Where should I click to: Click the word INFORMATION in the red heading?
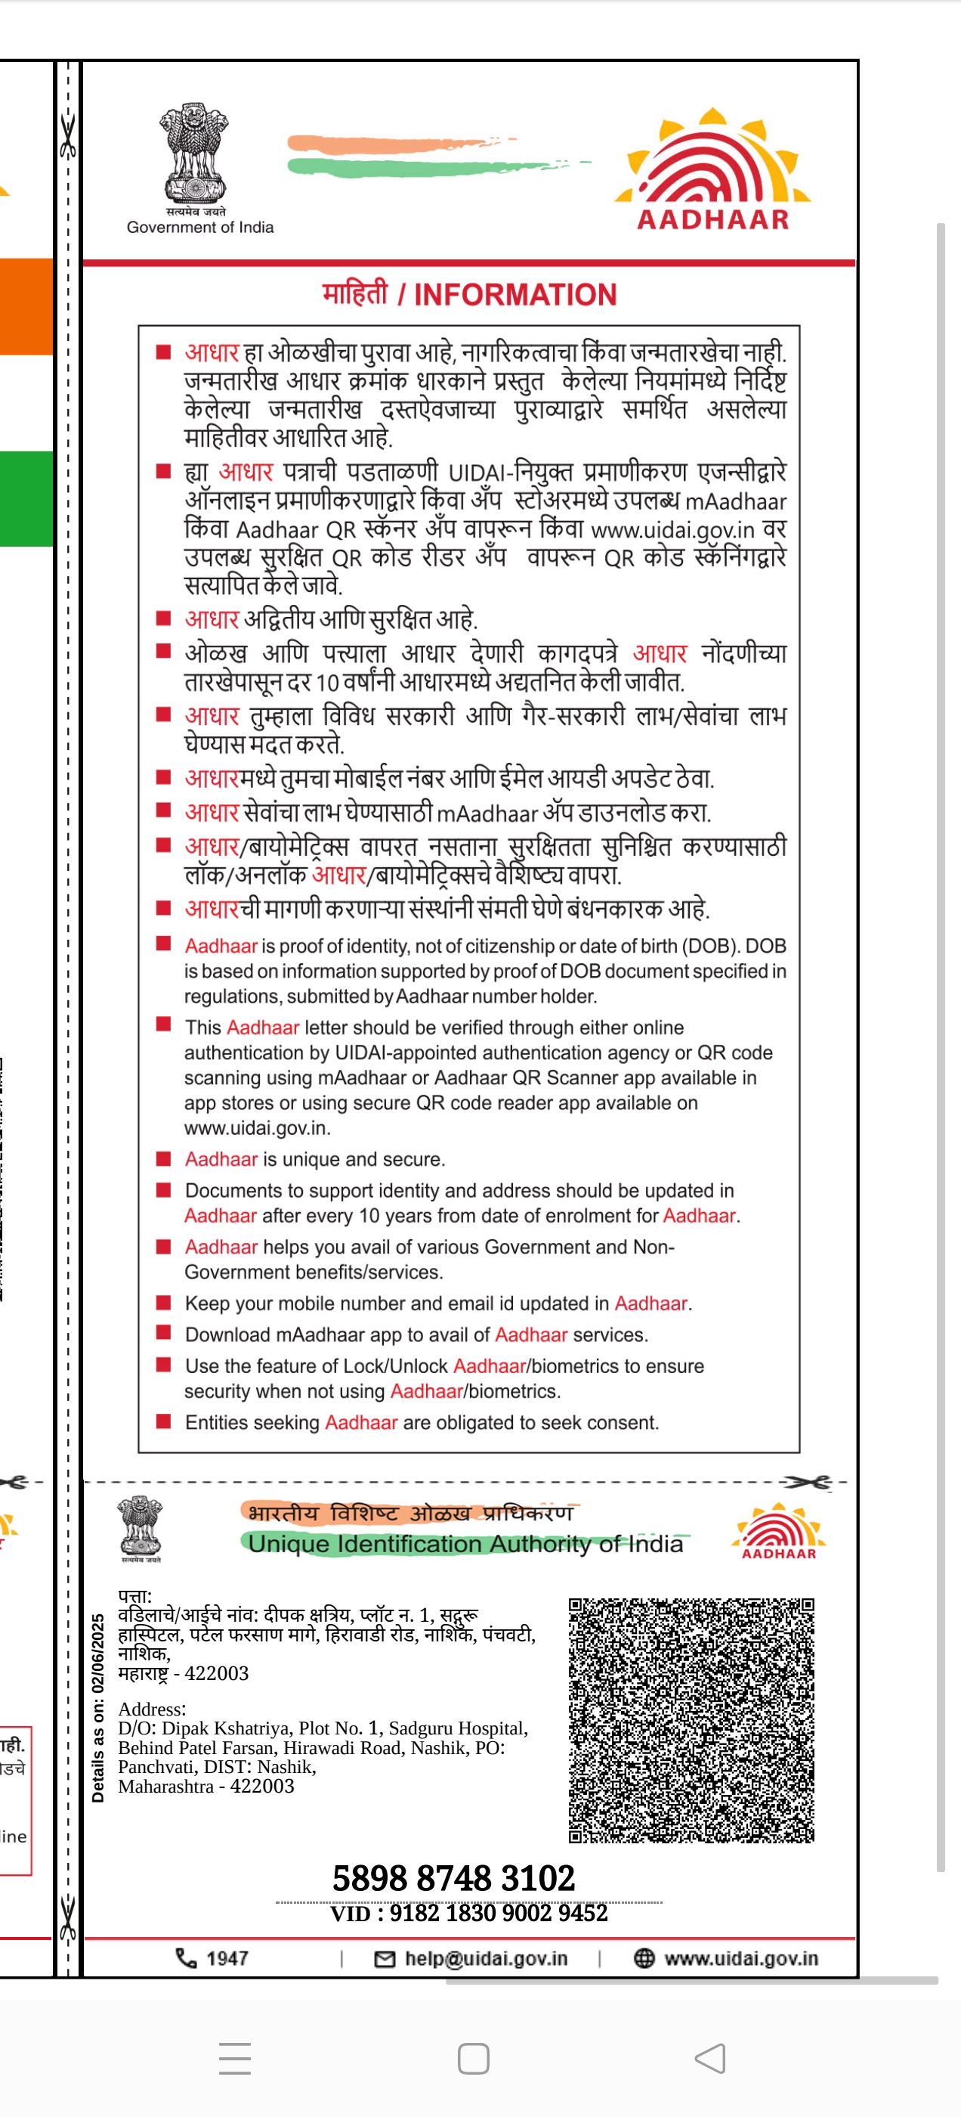pos(515,295)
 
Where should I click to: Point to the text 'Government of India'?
pos(199,228)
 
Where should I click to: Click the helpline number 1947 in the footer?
pos(227,1958)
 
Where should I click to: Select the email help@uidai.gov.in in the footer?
pos(486,1958)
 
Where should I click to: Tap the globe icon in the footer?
pos(644,1958)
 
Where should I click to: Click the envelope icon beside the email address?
pos(385,1959)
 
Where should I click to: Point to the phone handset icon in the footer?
pos(187,1958)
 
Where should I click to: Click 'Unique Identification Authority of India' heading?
pos(465,1544)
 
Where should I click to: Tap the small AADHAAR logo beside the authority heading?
pos(779,1532)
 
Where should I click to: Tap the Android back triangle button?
pos(710,2059)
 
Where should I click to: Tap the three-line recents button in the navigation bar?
pos(235,2059)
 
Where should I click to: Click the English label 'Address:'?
pos(152,1709)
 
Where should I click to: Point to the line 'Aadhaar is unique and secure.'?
pos(314,1160)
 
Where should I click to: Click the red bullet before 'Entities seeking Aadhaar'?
pos(163,1421)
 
